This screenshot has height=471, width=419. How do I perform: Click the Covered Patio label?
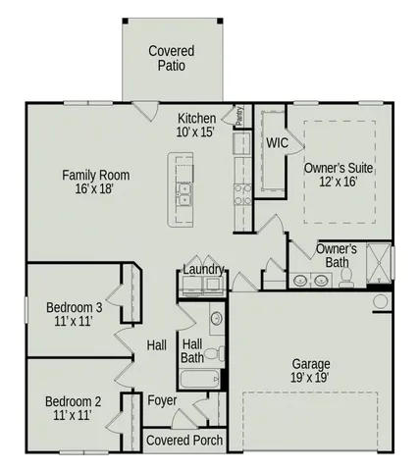coord(171,58)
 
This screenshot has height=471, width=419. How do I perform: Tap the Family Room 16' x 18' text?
coord(95,183)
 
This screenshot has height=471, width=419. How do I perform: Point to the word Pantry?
coord(238,116)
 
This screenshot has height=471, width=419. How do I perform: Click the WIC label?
coord(277,143)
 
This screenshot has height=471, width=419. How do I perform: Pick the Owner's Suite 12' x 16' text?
coord(338,175)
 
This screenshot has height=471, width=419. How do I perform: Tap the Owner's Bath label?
coord(337,256)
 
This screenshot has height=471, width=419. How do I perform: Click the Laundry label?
coord(204,270)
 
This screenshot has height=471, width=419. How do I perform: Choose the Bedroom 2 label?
coord(74,408)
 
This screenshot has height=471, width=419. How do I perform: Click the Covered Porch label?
coord(183,441)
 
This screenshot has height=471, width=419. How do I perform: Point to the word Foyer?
coord(162,400)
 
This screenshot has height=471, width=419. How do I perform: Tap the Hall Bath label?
coord(192,350)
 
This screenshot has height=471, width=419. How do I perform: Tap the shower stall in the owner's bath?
coord(378,261)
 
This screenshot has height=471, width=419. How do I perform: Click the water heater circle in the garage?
coord(381,300)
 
